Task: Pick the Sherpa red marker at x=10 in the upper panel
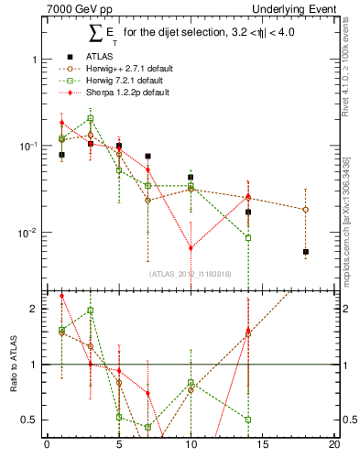pyautogui.click(x=191, y=248)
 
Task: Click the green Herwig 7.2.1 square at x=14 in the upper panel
pyautogui.click(x=248, y=238)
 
